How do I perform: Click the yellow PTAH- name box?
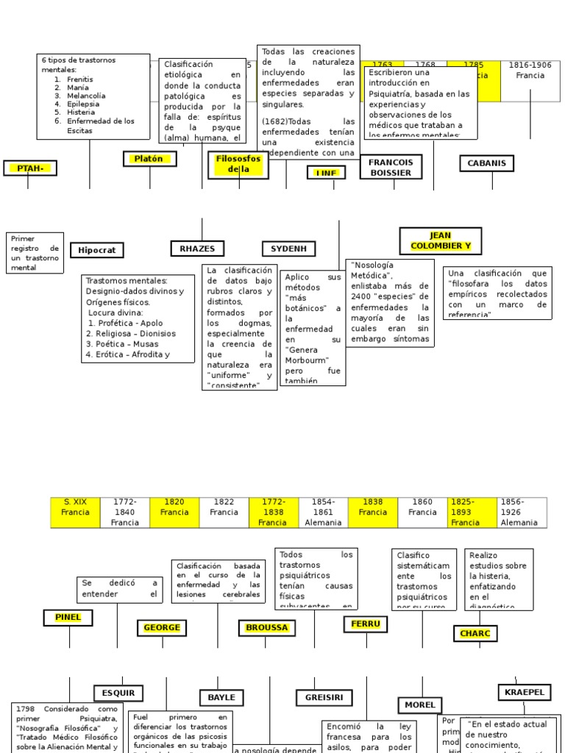[29, 168]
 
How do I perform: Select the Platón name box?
[149, 159]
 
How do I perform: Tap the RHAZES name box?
[197, 249]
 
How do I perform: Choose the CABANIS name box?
[486, 163]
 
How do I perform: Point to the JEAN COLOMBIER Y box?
[440, 240]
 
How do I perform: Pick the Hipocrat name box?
[96, 250]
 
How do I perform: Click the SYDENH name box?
[288, 249]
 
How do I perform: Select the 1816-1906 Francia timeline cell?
[530, 71]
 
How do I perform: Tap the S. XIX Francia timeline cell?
[75, 507]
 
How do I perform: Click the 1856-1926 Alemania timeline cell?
[523, 512]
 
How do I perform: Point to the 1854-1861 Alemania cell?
[323, 512]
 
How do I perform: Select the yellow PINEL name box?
[68, 618]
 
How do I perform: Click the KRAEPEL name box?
[524, 692]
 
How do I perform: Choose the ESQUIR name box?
[118, 693]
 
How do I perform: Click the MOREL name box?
[421, 704]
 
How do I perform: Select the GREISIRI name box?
[324, 696]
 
